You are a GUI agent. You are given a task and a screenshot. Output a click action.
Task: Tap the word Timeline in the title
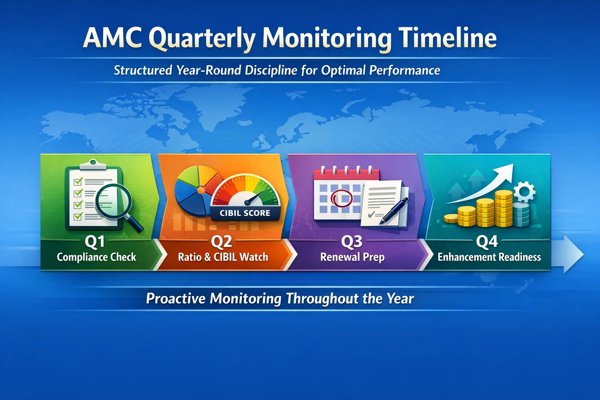coord(447,38)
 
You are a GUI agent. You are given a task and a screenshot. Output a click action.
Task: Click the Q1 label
coord(95,241)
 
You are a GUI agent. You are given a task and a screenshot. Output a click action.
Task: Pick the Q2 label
coord(221,241)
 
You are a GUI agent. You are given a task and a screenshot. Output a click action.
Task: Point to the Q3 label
coord(352,241)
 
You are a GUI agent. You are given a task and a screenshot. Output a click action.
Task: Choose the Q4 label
coord(487,241)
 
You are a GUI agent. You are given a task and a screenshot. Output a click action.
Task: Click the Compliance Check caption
coord(96,257)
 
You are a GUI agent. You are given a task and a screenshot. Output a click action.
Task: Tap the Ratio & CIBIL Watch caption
coord(223,257)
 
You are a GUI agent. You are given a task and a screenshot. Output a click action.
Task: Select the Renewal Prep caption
coord(352,257)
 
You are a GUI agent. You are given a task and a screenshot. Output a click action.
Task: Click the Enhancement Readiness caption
coord(489,257)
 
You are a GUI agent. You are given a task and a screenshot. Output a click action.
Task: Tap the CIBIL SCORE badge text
coord(245,213)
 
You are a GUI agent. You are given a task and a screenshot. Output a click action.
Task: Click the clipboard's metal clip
coord(93,164)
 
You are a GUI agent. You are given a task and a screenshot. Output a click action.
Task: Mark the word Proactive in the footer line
coord(176,299)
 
